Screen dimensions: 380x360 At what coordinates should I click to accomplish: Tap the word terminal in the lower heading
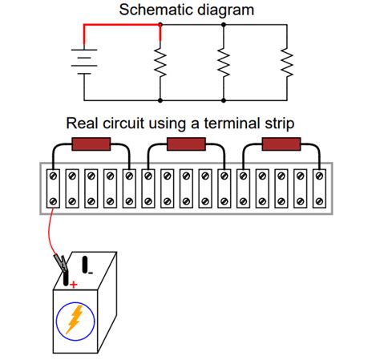point(232,123)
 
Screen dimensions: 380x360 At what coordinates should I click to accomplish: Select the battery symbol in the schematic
point(84,62)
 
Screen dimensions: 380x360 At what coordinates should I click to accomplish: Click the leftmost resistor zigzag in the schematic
point(160,62)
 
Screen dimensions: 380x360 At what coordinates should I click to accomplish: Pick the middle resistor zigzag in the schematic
point(224,62)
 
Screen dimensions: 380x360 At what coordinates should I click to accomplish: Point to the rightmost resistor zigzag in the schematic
point(287,62)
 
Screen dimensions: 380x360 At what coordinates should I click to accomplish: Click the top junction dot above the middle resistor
point(224,25)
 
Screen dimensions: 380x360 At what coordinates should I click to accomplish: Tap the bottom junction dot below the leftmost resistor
point(160,100)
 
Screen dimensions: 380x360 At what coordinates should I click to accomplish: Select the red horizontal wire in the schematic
point(122,25)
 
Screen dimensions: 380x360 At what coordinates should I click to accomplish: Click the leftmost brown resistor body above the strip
point(91,144)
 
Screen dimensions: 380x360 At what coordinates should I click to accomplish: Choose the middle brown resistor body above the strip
point(186,144)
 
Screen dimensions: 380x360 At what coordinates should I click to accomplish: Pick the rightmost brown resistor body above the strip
point(281,144)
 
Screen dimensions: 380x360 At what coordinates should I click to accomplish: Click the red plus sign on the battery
point(73,285)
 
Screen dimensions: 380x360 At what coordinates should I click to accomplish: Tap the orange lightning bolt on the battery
point(75,319)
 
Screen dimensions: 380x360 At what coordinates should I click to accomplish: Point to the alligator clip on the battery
point(61,262)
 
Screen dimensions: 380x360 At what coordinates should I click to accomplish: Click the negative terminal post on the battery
point(85,265)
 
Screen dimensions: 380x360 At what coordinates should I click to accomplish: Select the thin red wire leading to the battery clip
point(51,232)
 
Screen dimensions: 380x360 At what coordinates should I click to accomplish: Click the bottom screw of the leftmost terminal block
point(53,201)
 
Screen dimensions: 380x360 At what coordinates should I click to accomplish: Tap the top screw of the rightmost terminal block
point(319,176)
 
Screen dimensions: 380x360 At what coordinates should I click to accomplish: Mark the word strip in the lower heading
point(280,124)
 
